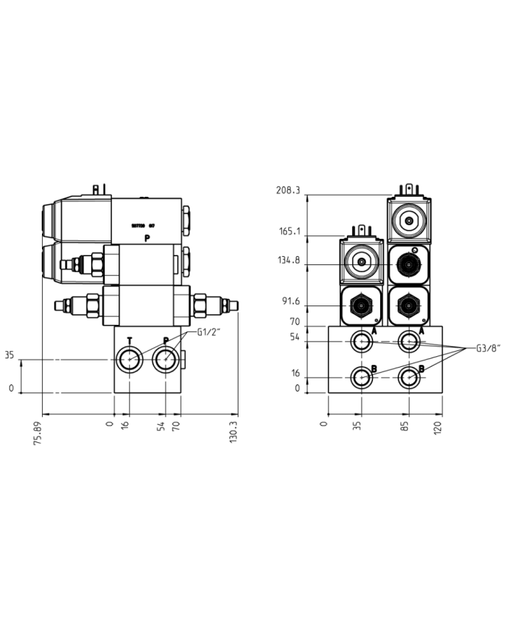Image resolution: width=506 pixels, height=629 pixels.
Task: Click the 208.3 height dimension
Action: pyautogui.click(x=288, y=190)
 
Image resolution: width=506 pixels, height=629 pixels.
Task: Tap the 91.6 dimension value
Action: pyautogui.click(x=289, y=302)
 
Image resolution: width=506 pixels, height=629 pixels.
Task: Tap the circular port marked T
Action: pyautogui.click(x=129, y=358)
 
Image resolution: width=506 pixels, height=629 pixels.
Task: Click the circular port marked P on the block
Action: pyautogui.click(x=166, y=358)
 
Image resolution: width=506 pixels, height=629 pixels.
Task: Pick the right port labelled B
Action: pyautogui.click(x=410, y=376)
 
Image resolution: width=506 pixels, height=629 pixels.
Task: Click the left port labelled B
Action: pyautogui.click(x=361, y=376)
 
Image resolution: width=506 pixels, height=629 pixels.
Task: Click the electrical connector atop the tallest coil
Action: pyautogui.click(x=408, y=190)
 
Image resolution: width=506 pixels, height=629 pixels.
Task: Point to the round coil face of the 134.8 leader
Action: pyautogui.click(x=360, y=261)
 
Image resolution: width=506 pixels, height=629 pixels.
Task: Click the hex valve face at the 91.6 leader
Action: pyautogui.click(x=361, y=305)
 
